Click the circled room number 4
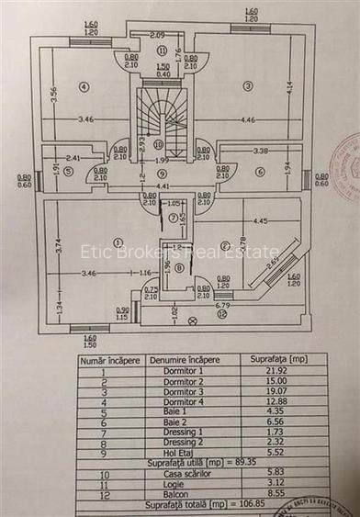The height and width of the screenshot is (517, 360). click(x=84, y=86)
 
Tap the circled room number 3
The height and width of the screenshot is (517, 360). click(x=247, y=85)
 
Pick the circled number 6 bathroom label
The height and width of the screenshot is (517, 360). click(x=260, y=171)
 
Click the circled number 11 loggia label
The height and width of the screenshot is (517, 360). click(x=162, y=51)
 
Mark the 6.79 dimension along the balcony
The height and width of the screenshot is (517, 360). click(x=223, y=304)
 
